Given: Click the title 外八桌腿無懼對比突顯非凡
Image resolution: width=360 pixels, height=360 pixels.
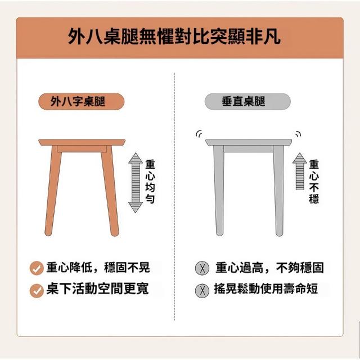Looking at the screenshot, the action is (x=174, y=37).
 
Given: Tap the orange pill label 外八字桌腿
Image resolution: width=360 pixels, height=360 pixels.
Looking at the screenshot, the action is (x=81, y=101).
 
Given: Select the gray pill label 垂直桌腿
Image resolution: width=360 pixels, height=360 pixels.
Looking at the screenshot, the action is (x=247, y=101).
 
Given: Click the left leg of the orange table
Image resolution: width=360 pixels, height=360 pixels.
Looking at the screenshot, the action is (x=53, y=191).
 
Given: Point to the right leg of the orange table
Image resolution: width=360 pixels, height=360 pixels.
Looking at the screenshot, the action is (x=110, y=191).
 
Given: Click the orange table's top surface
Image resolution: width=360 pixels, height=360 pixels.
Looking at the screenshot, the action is (x=82, y=142).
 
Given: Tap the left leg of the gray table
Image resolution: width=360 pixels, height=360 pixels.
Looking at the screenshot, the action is (x=219, y=191).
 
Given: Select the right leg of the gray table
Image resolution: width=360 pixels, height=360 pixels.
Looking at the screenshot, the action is (x=279, y=191).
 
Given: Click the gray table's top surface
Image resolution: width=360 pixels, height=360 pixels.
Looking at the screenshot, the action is (x=249, y=142).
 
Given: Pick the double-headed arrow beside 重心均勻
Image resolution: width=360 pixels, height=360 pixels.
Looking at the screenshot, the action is (x=136, y=183).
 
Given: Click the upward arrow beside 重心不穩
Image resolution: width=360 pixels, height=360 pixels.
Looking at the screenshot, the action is (x=300, y=171).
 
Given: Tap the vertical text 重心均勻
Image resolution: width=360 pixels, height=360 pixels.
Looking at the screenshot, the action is (x=150, y=181).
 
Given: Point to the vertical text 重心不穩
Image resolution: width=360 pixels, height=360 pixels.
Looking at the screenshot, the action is (x=314, y=181).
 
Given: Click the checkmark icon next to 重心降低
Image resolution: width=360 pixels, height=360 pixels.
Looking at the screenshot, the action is (x=37, y=268).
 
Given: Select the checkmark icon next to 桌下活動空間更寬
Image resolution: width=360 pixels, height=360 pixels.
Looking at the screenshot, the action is (x=37, y=291).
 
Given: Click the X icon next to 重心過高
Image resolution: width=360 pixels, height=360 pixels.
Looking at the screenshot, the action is (x=202, y=268).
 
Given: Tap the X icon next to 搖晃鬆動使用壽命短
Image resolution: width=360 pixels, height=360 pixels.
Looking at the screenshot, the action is (x=202, y=291).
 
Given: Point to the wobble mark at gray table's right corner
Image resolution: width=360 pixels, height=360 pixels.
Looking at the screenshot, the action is (x=299, y=133).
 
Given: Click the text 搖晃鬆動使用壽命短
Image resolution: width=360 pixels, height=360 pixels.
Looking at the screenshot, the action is (x=266, y=289).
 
